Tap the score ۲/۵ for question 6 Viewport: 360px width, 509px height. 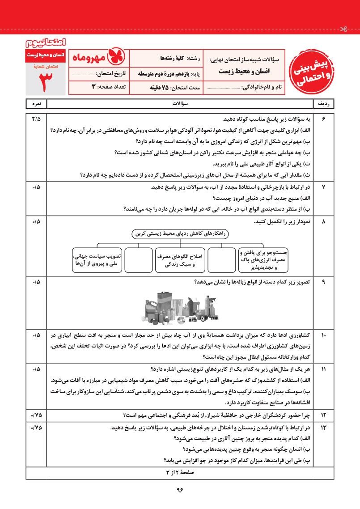click(x=36, y=119)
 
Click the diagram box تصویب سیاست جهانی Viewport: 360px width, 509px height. click(x=97, y=259)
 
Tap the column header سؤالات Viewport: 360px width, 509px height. click(x=180, y=104)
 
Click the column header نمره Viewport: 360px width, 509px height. click(x=36, y=104)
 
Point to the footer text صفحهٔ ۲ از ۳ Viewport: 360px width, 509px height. click(x=180, y=472)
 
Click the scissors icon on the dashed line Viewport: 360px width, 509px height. click(x=343, y=30)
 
